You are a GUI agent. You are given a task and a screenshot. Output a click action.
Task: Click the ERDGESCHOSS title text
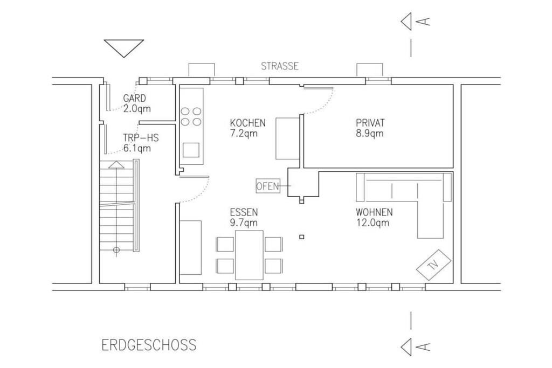pyautogui.click(x=149, y=345)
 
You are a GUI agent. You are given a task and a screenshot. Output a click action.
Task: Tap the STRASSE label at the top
pyautogui.click(x=280, y=66)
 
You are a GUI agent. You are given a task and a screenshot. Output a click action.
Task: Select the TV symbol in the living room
pyautogui.click(x=433, y=265)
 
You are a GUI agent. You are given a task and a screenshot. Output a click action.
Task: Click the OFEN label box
pyautogui.click(x=267, y=186)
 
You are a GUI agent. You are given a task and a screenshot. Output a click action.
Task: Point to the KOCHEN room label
pyautogui.click(x=248, y=123)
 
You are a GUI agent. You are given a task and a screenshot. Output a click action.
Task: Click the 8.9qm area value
pyautogui.click(x=370, y=134)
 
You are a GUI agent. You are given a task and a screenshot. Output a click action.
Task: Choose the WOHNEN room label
pyautogui.click(x=374, y=212)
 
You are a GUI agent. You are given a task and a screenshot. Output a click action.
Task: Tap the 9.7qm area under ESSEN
pyautogui.click(x=244, y=223)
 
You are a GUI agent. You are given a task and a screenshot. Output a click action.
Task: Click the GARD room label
pyautogui.click(x=134, y=98)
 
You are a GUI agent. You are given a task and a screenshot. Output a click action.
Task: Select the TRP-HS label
pyautogui.click(x=141, y=137)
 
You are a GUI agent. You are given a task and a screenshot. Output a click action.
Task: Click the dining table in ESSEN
pyautogui.click(x=249, y=255)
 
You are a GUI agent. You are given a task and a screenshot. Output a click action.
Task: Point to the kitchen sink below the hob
pyautogui.click(x=191, y=150)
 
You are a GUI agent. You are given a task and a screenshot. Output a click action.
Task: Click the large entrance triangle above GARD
pyautogui.click(x=124, y=48)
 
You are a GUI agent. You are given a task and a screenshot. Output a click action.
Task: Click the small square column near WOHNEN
pyautogui.click(x=302, y=237)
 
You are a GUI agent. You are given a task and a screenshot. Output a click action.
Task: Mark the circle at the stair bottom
pyautogui.click(x=116, y=250)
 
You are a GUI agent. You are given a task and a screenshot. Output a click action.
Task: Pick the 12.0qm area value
pyautogui.click(x=372, y=223)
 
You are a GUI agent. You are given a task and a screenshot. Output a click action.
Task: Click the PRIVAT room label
pyautogui.click(x=370, y=123)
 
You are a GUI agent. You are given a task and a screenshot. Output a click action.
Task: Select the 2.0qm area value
pyautogui.click(x=137, y=109)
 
